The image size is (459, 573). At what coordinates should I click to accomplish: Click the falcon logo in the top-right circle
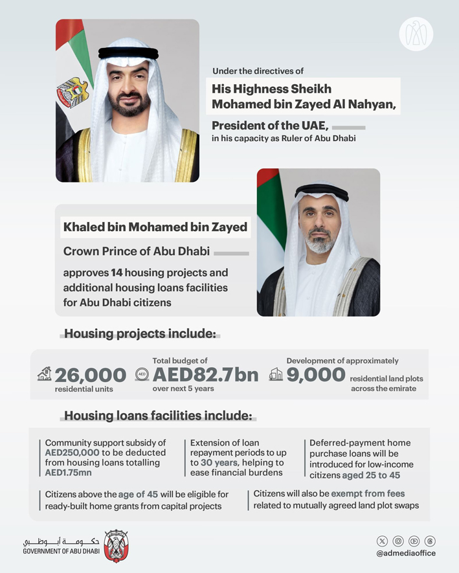[x=416, y=34]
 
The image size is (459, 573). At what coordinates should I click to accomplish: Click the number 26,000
[x=90, y=375]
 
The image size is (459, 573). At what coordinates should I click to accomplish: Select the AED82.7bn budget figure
[x=205, y=375]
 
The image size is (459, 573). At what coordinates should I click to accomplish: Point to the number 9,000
[x=316, y=375]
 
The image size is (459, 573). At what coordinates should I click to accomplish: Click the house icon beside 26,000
[x=44, y=374]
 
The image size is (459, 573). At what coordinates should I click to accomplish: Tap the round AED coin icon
[x=142, y=375]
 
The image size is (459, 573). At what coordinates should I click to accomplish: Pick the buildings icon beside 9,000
[x=276, y=375]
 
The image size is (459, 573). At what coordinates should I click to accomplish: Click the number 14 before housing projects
[x=117, y=273]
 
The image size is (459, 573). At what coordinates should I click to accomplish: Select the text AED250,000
[x=72, y=453]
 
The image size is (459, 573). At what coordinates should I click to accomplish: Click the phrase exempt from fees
[x=368, y=494]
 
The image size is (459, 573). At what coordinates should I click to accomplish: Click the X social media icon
[x=383, y=541]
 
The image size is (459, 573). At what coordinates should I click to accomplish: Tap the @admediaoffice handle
[x=406, y=554]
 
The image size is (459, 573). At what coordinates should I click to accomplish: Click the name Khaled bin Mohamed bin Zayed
[x=155, y=227]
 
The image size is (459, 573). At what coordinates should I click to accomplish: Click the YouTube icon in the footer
[x=414, y=541]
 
